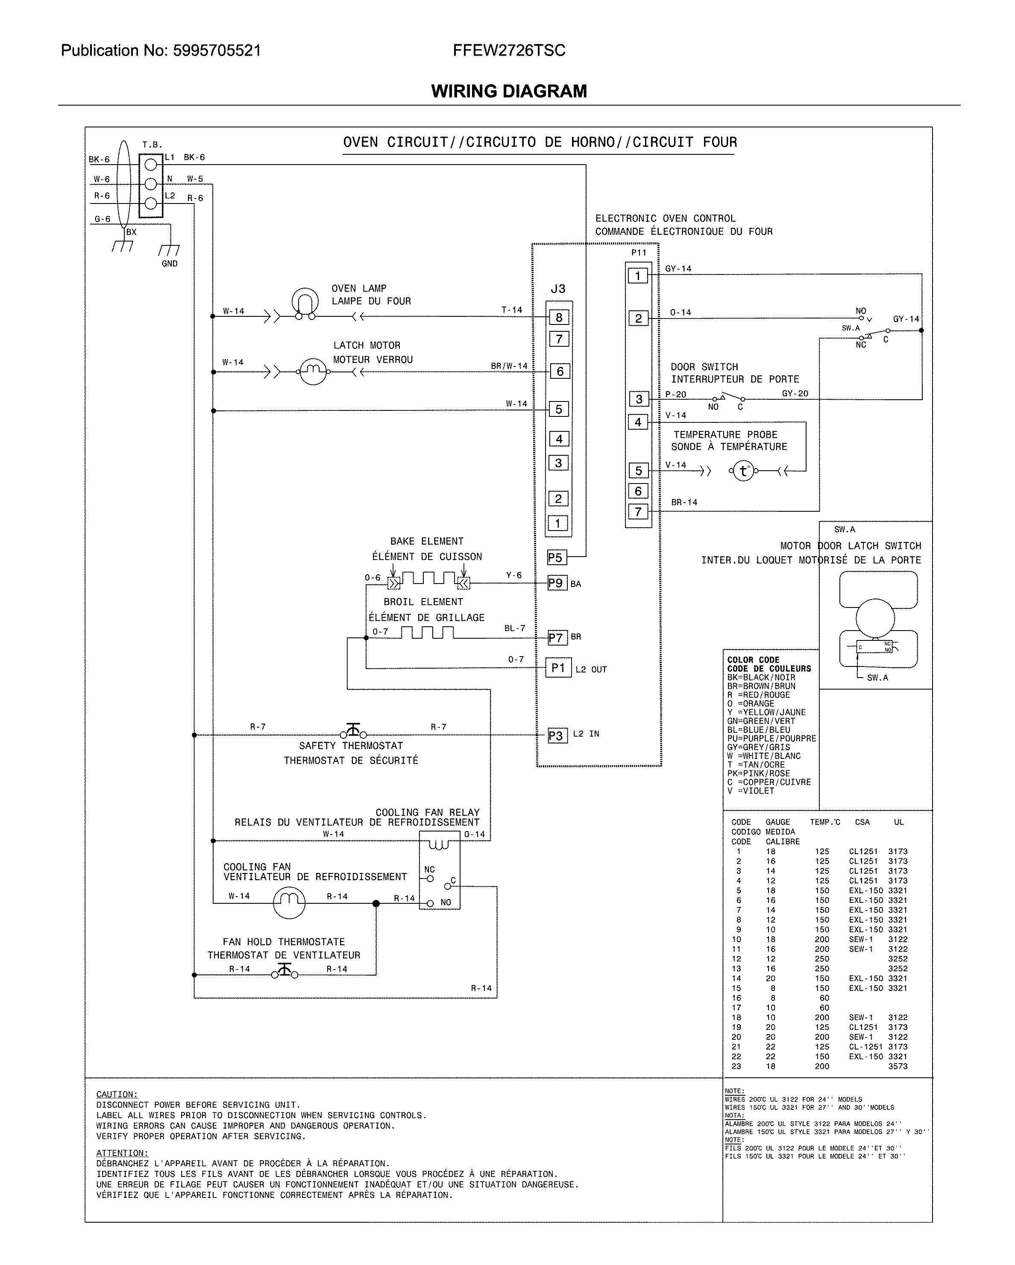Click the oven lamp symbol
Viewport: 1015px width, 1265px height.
tap(305, 303)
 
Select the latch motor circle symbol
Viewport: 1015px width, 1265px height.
tap(313, 371)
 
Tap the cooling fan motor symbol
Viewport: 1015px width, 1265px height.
tap(289, 902)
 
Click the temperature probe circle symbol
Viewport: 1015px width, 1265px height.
tap(743, 471)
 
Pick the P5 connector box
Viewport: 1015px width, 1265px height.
tap(555, 557)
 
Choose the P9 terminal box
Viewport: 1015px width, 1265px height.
tap(556, 583)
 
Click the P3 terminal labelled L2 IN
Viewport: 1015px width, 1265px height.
tap(556, 735)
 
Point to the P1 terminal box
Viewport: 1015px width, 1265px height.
tap(558, 668)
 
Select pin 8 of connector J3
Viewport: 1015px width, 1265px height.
tap(559, 317)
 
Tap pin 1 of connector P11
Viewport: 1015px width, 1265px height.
tap(638, 275)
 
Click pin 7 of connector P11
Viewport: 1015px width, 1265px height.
tap(638, 512)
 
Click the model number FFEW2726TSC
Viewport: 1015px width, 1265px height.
tap(509, 50)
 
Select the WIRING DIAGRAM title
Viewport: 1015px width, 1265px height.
tap(509, 91)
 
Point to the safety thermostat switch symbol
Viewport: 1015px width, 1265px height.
tap(353, 731)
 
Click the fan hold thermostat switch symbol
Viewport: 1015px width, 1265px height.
tap(285, 972)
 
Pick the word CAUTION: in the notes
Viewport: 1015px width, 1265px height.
tap(117, 1094)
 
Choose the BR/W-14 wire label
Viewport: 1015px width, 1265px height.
tap(509, 366)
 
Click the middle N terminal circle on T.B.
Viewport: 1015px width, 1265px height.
tap(151, 184)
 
